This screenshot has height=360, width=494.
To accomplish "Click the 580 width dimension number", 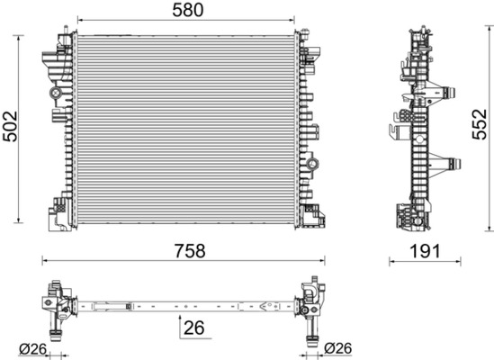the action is [x=188, y=10].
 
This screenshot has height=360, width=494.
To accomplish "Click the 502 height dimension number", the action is [x=10, y=126].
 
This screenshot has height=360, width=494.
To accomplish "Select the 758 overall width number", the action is [x=190, y=250].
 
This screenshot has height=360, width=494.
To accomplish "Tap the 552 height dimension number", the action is [x=480, y=124].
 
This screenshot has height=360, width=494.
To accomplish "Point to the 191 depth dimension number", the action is [x=425, y=251].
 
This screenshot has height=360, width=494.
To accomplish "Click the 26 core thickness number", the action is [x=193, y=328].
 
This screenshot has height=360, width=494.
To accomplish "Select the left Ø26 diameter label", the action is [x=32, y=349].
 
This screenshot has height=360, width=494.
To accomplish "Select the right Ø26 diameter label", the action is [x=338, y=348].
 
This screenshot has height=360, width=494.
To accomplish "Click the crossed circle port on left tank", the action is [x=56, y=93].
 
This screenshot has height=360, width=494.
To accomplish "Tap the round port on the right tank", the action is [x=313, y=164].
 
